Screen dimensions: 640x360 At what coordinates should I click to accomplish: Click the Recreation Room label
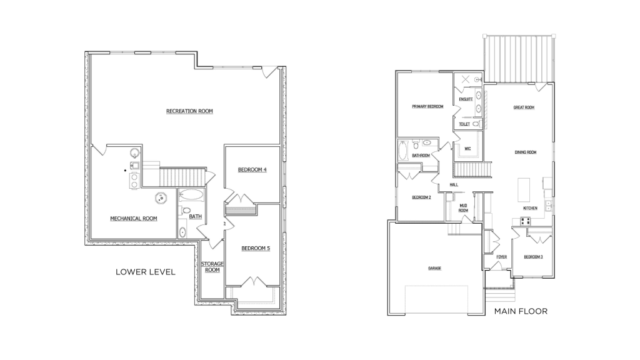(189, 111)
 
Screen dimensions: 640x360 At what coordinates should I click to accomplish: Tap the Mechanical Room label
(134, 218)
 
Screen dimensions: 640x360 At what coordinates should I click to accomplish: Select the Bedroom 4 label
(252, 169)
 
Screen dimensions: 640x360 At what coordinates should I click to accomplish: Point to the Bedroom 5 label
(256, 248)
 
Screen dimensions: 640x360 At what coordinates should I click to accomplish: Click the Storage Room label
(212, 267)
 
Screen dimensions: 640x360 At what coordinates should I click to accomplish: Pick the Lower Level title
(145, 272)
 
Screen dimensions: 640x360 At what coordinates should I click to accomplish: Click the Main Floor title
(521, 311)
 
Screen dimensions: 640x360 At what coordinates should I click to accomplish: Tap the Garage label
(435, 268)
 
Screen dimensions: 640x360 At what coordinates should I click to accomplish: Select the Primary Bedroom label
(427, 106)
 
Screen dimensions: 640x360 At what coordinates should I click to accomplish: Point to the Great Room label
(524, 107)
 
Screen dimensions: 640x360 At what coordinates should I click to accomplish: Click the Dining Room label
(525, 152)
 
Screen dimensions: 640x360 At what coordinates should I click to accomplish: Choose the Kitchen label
(530, 208)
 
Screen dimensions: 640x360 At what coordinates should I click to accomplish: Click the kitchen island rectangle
(524, 190)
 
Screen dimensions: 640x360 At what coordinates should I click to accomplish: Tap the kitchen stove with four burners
(525, 221)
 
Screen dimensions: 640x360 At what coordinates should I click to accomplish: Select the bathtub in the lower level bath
(191, 195)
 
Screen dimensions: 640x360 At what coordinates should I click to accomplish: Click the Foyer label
(502, 257)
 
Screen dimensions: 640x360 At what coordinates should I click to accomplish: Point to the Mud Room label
(463, 208)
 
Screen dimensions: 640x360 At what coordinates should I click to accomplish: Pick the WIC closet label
(467, 149)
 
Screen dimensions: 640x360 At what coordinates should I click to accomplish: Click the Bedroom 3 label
(533, 257)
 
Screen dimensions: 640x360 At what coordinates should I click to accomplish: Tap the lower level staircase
(182, 177)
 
